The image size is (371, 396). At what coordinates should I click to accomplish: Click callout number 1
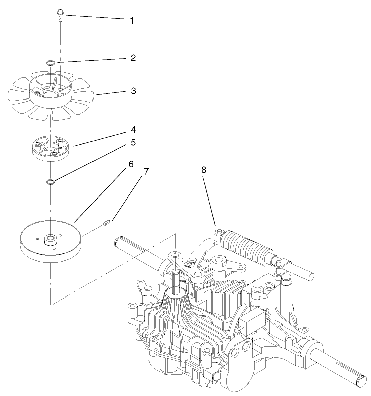point(132,21)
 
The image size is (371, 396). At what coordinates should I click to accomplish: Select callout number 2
point(133,58)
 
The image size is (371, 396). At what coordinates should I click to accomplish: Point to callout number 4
point(133,129)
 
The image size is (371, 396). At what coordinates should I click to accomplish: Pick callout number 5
point(133,142)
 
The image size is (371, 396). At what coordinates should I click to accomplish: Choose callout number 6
point(131,164)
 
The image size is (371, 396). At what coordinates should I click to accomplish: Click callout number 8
point(204,170)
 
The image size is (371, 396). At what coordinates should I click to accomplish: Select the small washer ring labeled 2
point(51,63)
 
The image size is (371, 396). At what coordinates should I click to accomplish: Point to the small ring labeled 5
point(51,181)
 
